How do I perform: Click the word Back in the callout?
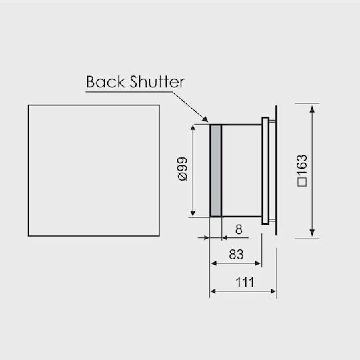(105, 82)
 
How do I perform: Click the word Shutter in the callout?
(157, 82)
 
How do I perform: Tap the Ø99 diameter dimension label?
(183, 169)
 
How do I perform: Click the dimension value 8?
(239, 229)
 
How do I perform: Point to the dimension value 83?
(236, 255)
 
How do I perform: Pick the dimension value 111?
(245, 282)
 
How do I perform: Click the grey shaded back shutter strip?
(216, 171)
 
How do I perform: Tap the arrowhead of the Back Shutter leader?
(205, 119)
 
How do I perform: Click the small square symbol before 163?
(302, 182)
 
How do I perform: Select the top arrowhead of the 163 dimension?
(312, 109)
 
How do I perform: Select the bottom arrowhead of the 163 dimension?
(312, 233)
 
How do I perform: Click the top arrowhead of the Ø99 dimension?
(193, 129)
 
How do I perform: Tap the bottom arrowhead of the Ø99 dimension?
(193, 213)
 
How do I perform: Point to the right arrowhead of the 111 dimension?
(273, 291)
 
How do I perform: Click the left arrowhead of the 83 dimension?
(214, 263)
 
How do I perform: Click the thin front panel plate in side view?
(276, 171)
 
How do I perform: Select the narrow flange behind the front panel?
(265, 171)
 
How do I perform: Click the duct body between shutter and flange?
(241, 171)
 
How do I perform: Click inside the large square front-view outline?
(94, 171)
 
